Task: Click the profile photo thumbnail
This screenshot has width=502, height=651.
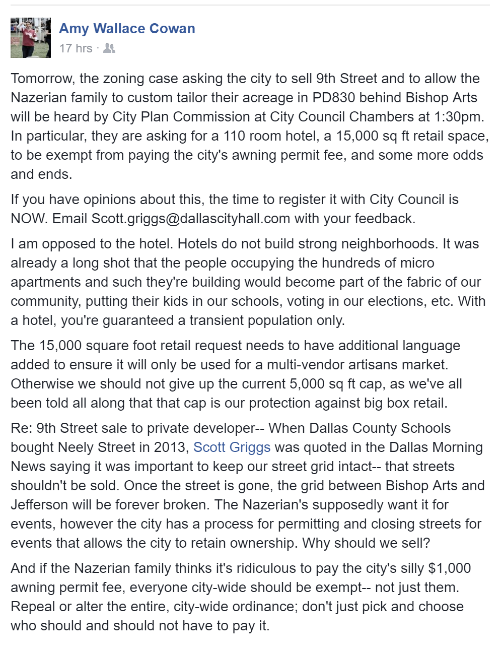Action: click(31, 38)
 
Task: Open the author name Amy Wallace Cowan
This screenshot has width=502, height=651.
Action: click(127, 29)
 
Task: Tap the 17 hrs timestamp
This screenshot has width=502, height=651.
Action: click(76, 48)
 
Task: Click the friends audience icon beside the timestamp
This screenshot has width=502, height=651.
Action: click(109, 48)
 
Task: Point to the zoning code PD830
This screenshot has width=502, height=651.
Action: click(332, 98)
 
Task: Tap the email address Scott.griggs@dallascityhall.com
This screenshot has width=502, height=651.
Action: click(191, 219)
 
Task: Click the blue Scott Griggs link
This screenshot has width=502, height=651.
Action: click(232, 447)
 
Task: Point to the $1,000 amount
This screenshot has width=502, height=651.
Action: click(449, 568)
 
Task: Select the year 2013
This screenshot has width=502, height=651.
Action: click(171, 447)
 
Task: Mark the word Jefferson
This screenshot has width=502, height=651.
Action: click(39, 505)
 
